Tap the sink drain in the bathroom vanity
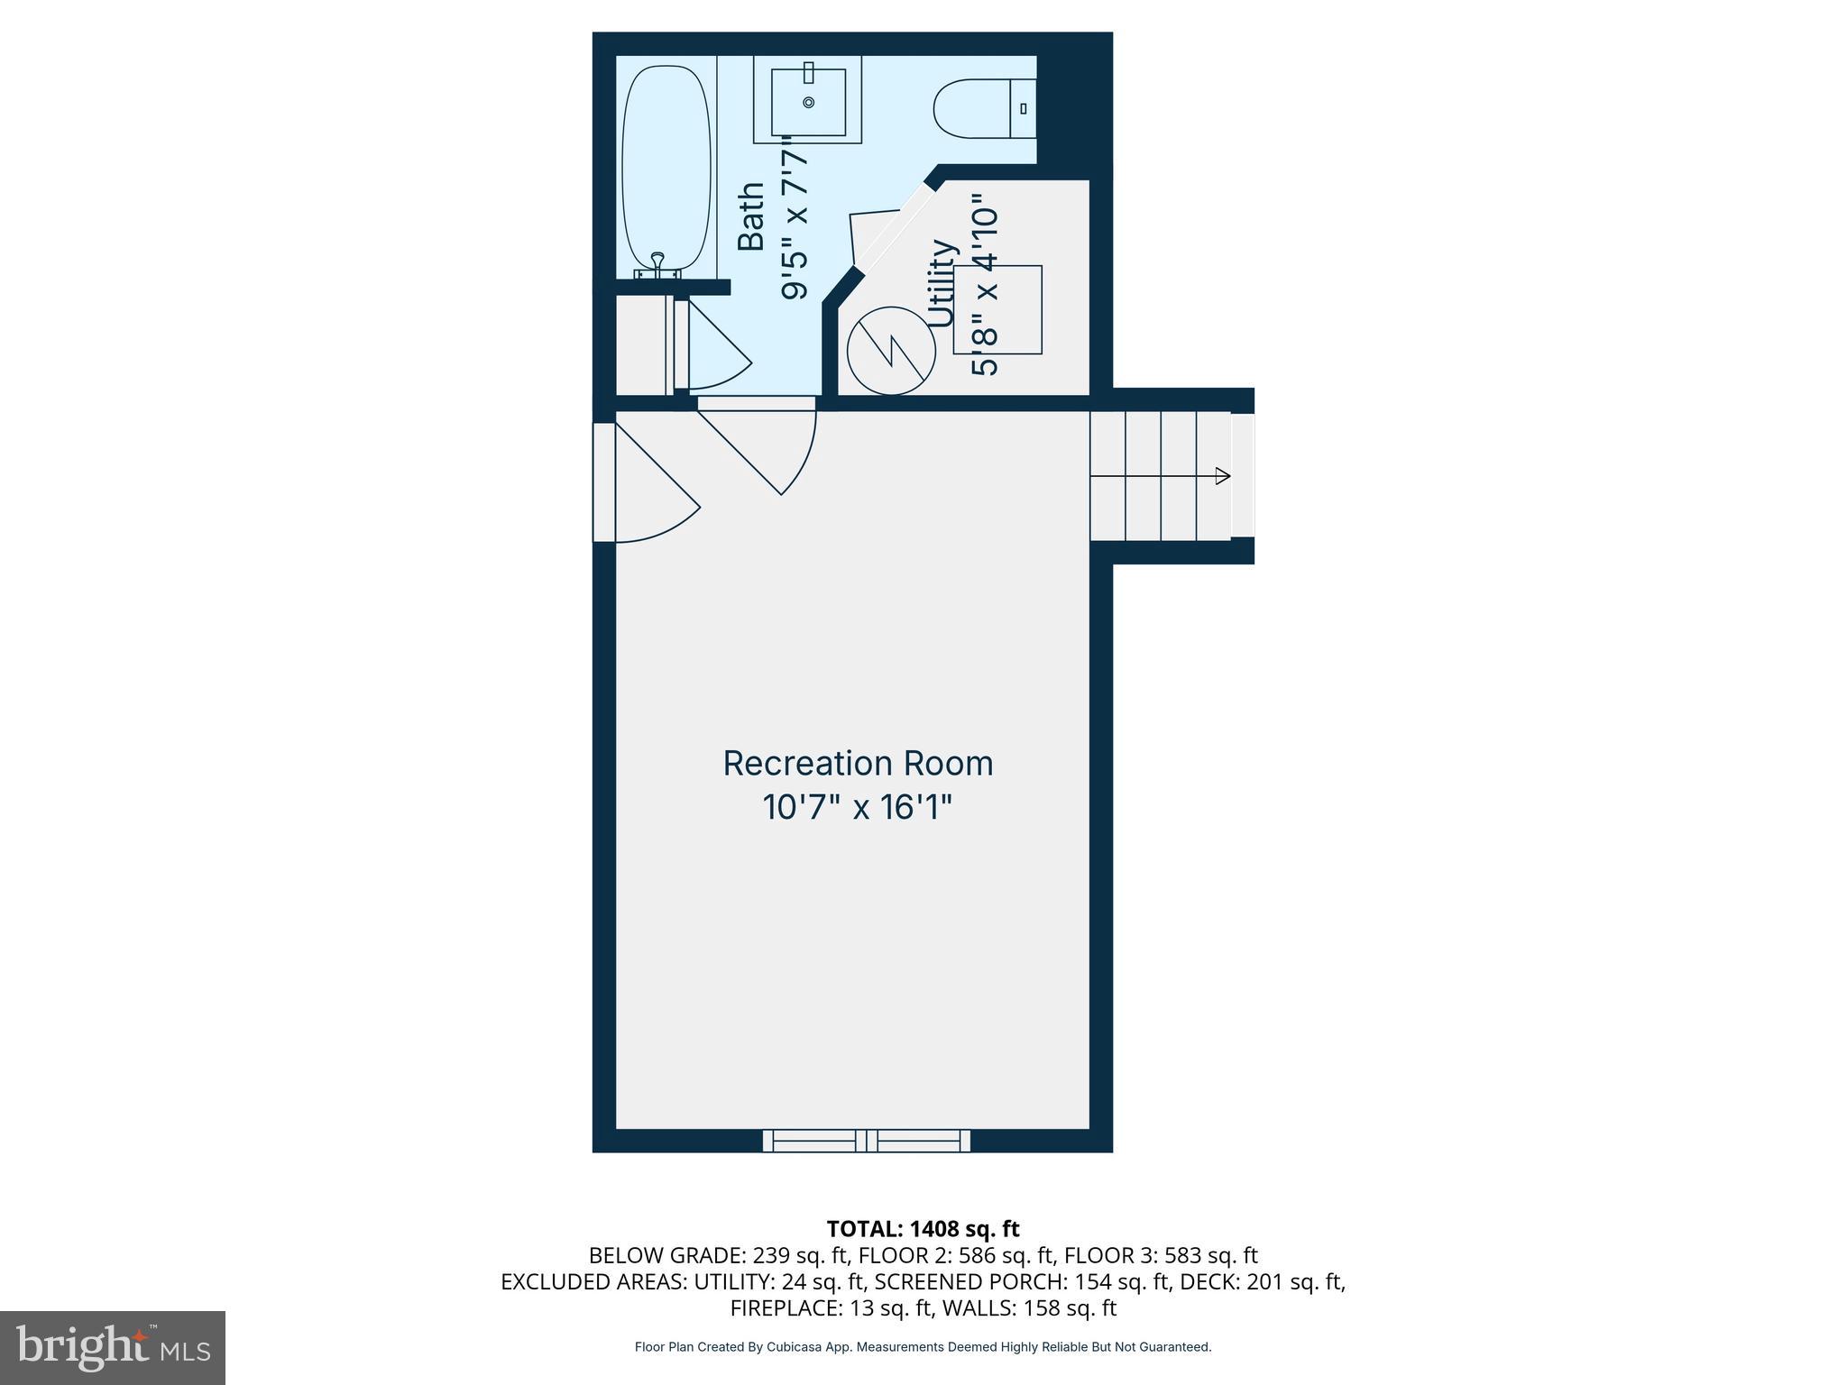(808, 102)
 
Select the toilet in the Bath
(983, 109)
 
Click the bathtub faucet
(657, 262)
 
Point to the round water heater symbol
(891, 350)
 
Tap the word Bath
(751, 216)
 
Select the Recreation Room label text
(858, 764)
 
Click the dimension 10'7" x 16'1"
(858, 807)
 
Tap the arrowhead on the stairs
(1223, 476)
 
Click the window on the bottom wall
(867, 1141)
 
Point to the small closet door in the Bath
(712, 347)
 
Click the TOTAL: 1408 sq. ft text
(923, 1229)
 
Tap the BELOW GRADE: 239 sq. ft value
(719, 1255)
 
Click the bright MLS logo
(113, 1348)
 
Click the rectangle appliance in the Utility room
(997, 309)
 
